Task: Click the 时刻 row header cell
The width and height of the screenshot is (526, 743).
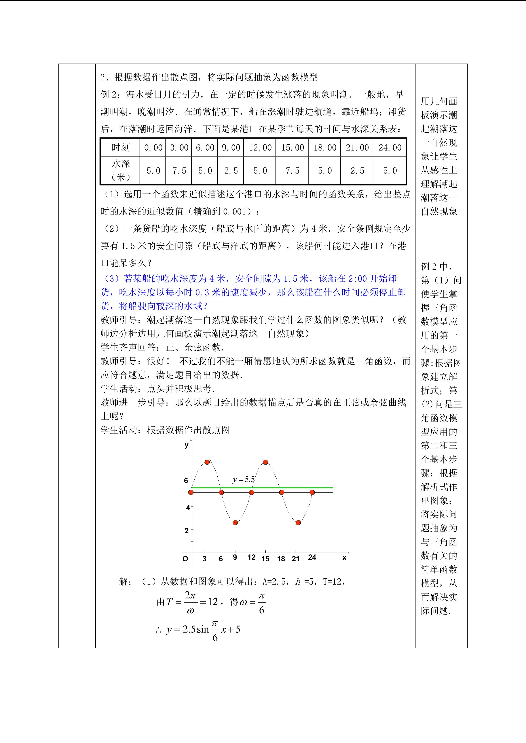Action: click(120, 148)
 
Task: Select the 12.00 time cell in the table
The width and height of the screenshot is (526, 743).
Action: click(260, 148)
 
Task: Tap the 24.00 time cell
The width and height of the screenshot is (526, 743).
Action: click(390, 148)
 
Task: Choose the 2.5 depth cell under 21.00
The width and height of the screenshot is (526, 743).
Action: click(357, 171)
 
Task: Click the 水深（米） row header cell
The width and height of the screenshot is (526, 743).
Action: click(120, 171)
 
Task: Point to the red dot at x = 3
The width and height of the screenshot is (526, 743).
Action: click(207, 462)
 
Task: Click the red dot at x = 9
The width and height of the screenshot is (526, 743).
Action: click(235, 522)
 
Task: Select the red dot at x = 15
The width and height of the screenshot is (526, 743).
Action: click(266, 462)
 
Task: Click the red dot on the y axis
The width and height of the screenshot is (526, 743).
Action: click(191, 492)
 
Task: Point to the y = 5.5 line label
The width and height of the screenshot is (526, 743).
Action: click(244, 479)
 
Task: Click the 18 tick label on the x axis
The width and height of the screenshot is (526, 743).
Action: click(281, 559)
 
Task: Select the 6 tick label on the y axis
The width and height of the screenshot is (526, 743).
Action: click(186, 481)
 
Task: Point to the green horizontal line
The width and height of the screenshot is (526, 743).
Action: click(292, 487)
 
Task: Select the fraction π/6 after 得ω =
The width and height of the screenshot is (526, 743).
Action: click(262, 603)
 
